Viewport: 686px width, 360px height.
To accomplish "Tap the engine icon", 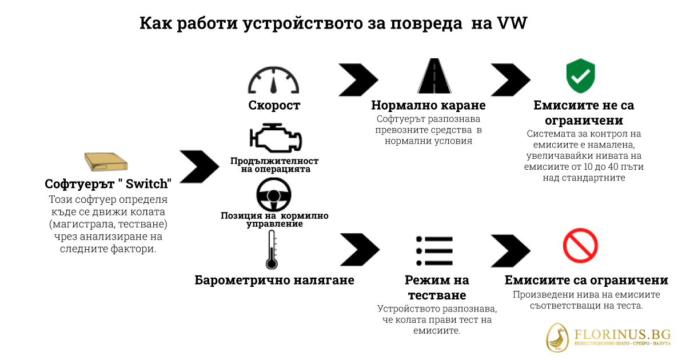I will coord(274,138).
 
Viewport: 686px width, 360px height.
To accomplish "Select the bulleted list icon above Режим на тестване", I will coord(434,250).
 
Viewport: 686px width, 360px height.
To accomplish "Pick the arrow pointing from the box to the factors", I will coord(200,166).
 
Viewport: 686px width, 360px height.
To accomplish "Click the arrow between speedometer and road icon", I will coord(358,78).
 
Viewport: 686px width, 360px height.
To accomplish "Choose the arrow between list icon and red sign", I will coord(510,249).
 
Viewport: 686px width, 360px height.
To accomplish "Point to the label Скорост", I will coord(274,106).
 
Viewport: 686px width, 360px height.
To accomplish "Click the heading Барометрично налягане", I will coord(274,280).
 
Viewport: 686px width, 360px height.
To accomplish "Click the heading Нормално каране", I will coord(428,106).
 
